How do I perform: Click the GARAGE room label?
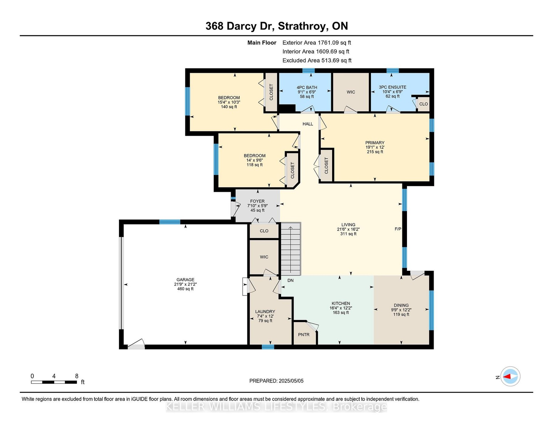pyautogui.click(x=185, y=280)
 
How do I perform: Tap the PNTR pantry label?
pyautogui.click(x=304, y=334)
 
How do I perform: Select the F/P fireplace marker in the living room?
pyautogui.click(x=398, y=229)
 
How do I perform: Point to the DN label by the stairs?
pyautogui.click(x=290, y=280)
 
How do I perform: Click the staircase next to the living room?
pyautogui.click(x=291, y=249)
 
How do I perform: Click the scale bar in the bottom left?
pyautogui.click(x=54, y=382)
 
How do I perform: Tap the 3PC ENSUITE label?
pyautogui.click(x=392, y=87)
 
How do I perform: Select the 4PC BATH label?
pyautogui.click(x=307, y=88)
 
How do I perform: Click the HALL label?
pyautogui.click(x=307, y=124)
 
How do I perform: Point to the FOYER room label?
pyautogui.click(x=257, y=201)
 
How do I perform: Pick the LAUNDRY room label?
pyautogui.click(x=265, y=312)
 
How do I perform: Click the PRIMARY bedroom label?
pyautogui.click(x=374, y=143)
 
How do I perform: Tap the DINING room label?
pyautogui.click(x=401, y=305)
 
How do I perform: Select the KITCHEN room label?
pyautogui.click(x=341, y=304)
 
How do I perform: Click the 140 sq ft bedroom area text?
pyautogui.click(x=229, y=107)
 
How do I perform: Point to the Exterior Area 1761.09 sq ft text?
pyautogui.click(x=316, y=43)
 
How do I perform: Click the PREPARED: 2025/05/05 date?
pyautogui.click(x=276, y=381)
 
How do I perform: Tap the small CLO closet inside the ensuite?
pyautogui.click(x=423, y=104)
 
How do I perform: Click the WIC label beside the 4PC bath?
pyautogui.click(x=351, y=92)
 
